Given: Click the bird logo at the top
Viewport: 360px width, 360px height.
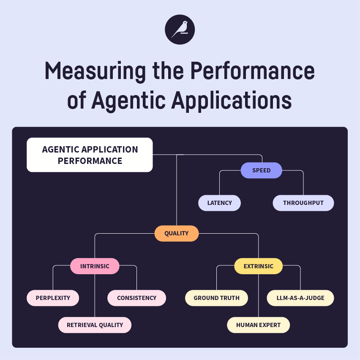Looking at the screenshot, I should tap(180, 29).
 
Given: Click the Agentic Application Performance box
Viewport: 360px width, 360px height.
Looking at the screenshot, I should tap(90, 155).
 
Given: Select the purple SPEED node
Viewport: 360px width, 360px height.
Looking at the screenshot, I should tap(261, 170).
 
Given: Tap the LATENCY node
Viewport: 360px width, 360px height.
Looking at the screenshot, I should tap(219, 203).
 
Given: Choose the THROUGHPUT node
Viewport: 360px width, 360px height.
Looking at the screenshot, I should tap(303, 203).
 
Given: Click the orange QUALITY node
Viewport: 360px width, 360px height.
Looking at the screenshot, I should tap(176, 233).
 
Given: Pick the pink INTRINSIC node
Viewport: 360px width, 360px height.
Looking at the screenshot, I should tap(95, 266).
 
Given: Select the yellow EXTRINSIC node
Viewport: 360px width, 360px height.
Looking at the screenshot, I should tap(258, 266).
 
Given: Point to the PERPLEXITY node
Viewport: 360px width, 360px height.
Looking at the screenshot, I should tap(53, 298).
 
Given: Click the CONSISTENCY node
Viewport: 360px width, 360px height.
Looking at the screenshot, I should tap(136, 298).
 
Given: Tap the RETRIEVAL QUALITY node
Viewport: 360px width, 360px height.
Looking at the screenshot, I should tap(95, 325).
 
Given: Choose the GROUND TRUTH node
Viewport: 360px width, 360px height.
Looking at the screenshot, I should tap(216, 298).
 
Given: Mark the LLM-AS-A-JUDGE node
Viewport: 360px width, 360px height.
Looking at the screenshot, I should tap(300, 298).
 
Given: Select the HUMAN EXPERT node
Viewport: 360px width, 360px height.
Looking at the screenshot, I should tap(258, 325).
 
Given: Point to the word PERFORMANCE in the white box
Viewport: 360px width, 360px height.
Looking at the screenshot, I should tap(90, 161).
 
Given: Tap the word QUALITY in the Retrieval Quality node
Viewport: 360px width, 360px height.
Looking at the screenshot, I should tap(111, 325).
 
